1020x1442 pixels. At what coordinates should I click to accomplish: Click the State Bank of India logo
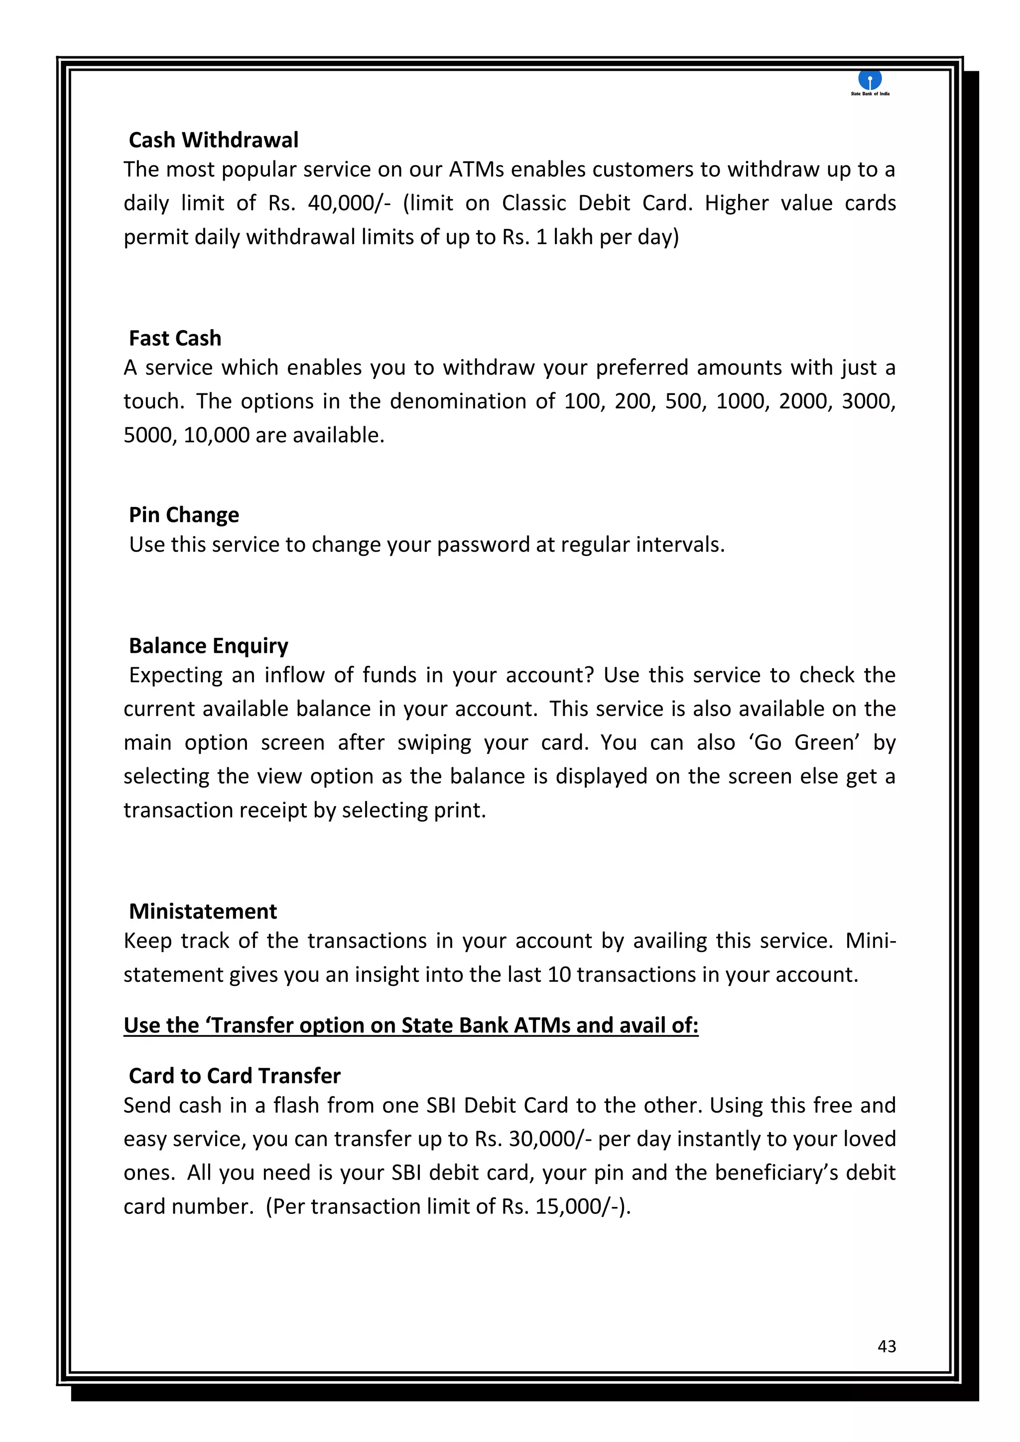[870, 82]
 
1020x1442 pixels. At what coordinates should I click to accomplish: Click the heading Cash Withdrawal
[214, 140]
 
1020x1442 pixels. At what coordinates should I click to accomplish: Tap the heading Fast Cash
[175, 339]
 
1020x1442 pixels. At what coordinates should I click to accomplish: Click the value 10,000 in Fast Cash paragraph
[216, 435]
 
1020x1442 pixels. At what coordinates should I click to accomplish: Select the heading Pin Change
[184, 515]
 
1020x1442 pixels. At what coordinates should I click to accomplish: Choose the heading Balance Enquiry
[209, 646]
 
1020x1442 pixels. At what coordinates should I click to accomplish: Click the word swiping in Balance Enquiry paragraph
[434, 743]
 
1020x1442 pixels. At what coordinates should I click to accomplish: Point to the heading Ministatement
[203, 911]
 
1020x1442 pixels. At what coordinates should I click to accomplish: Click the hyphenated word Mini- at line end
[870, 941]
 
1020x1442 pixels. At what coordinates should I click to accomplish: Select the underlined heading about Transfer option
[411, 1025]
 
